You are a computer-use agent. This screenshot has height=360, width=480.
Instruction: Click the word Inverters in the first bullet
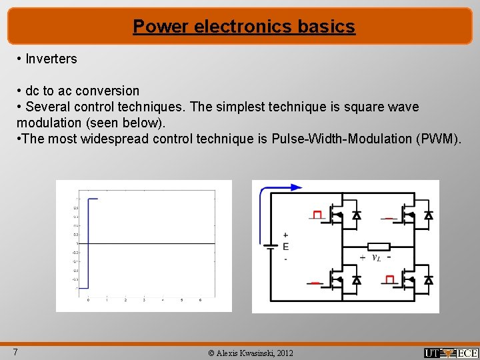[x=51, y=59]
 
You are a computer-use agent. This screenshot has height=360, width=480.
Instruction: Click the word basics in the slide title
[x=326, y=27]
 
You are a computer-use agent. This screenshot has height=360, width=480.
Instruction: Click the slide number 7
[x=15, y=352]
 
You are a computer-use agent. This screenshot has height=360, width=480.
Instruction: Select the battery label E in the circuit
[x=285, y=247]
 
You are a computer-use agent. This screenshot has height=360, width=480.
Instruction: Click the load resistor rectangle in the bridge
[x=379, y=245]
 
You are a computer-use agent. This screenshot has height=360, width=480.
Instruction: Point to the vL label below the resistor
[x=376, y=257]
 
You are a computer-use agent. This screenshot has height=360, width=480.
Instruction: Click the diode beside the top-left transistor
[x=357, y=215]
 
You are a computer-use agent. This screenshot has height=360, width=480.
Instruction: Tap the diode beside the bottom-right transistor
[x=429, y=280]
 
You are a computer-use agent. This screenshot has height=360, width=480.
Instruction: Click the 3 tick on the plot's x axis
[x=144, y=300]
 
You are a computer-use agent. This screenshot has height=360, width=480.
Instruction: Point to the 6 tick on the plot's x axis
[x=200, y=300]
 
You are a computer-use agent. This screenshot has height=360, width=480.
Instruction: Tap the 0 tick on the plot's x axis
[x=89, y=300]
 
